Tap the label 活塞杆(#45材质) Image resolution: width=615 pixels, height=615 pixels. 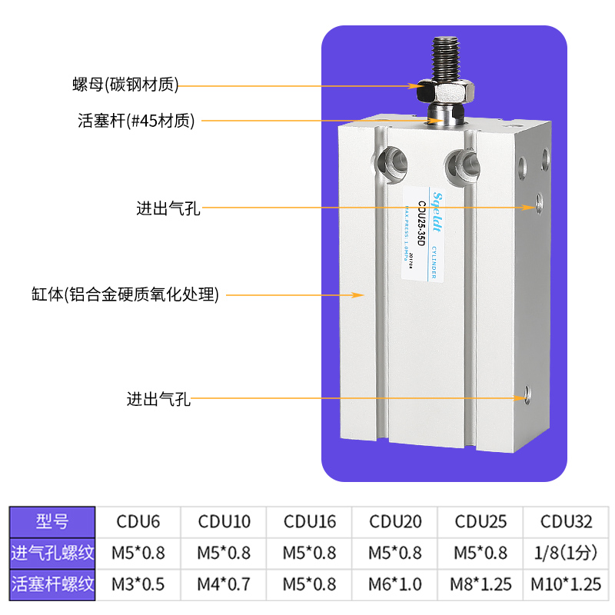[x=136, y=121]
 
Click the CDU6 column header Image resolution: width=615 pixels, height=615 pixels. [x=138, y=521]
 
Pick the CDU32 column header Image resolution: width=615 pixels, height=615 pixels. [x=566, y=521]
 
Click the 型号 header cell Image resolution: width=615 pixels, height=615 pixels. [x=52, y=521]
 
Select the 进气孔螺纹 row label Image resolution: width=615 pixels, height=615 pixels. [x=52, y=552]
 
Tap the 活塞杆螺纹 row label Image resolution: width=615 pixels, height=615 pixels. [x=52, y=584]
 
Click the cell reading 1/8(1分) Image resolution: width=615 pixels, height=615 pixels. [x=566, y=552]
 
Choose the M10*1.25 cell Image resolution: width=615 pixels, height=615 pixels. [x=566, y=584]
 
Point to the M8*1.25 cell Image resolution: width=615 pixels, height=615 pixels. [x=480, y=584]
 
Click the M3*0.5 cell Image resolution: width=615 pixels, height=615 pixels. [x=138, y=584]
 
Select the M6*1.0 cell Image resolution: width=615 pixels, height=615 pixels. [x=395, y=584]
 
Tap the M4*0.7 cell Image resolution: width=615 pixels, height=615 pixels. [x=224, y=584]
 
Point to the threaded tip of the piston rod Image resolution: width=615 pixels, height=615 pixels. [x=444, y=58]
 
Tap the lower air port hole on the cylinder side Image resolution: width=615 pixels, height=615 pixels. [x=527, y=394]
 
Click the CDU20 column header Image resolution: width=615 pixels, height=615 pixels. [x=395, y=521]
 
